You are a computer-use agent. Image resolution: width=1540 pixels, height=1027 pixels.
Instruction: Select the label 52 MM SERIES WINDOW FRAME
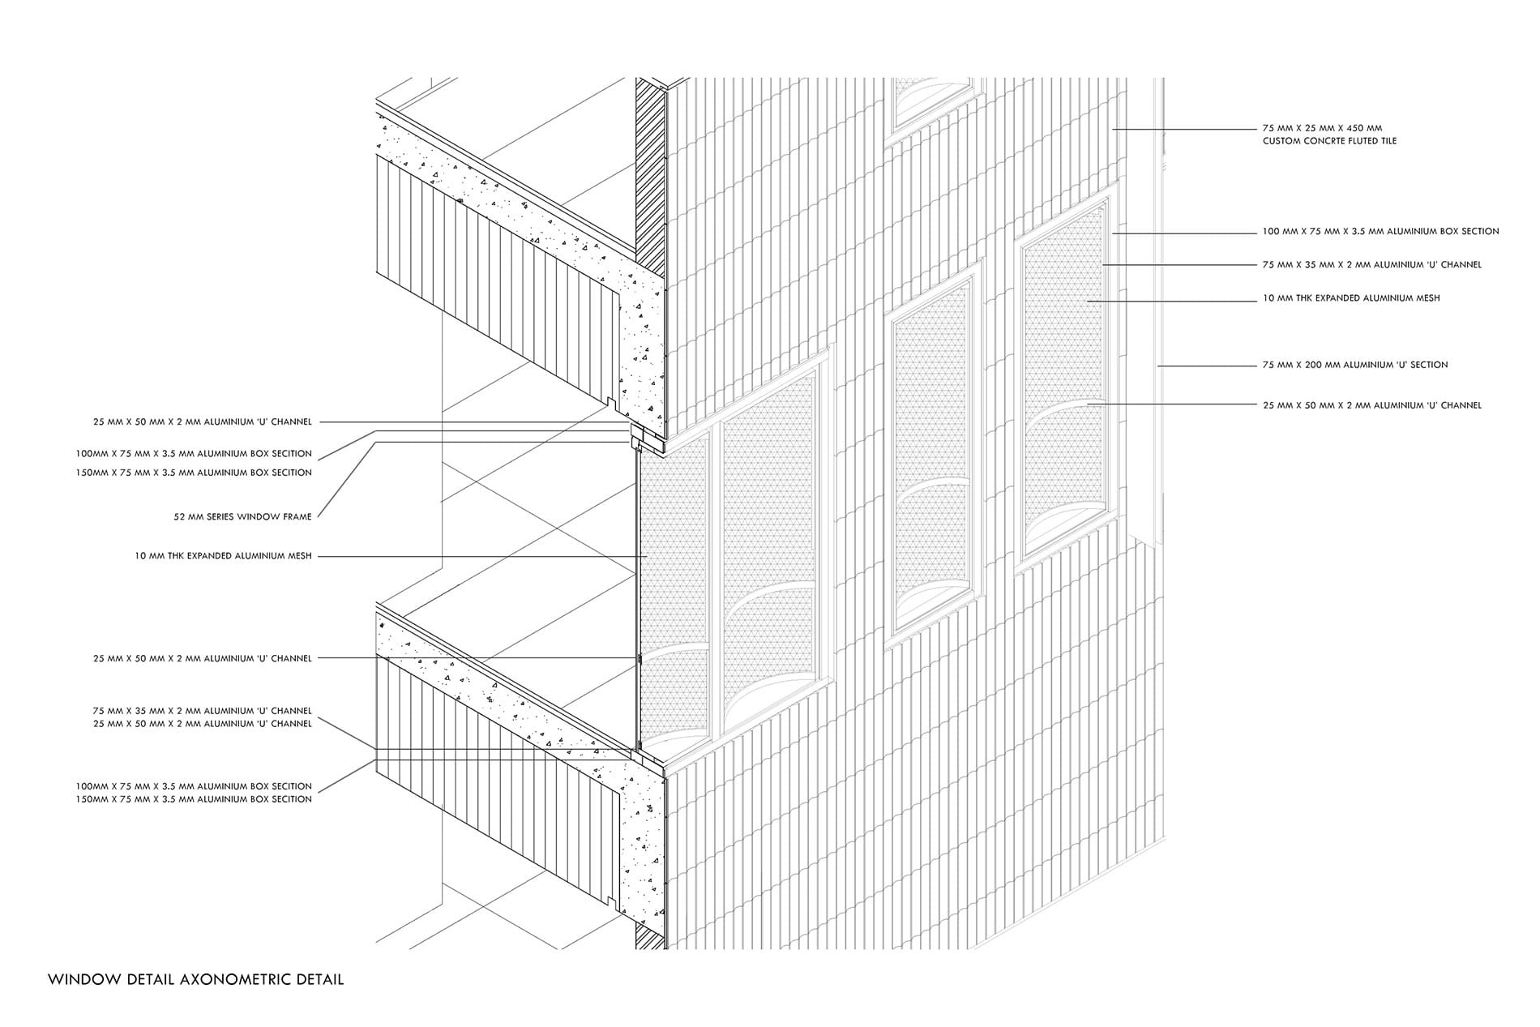(242, 517)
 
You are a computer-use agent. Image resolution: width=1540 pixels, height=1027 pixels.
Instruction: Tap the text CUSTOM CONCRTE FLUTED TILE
(1329, 141)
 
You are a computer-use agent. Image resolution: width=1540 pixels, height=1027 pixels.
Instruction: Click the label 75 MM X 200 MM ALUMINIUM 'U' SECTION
(1354, 365)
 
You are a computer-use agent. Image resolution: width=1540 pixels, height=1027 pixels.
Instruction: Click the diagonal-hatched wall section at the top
(650, 174)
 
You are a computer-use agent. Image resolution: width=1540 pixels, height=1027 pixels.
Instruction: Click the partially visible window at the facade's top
(930, 101)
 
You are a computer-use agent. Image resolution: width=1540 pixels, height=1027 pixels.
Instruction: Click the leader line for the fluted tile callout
(1183, 129)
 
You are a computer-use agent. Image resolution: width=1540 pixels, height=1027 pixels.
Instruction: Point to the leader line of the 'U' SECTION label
(1208, 366)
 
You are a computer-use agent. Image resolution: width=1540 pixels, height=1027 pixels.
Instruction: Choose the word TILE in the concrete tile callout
(1385, 141)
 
